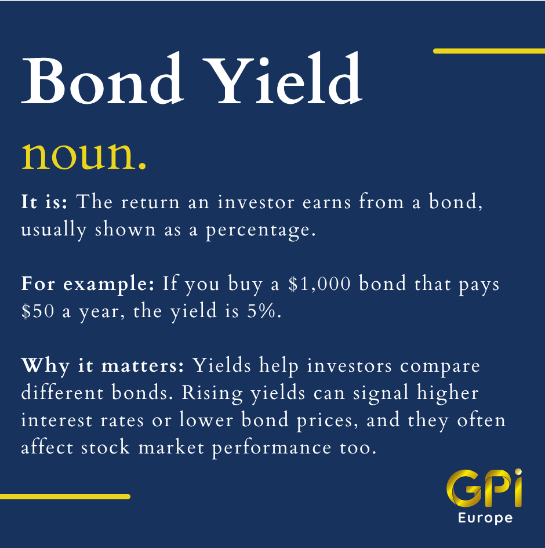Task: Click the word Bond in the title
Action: click(103, 78)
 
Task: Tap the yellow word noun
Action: click(84, 155)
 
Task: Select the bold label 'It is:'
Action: click(45, 202)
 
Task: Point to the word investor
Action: click(256, 202)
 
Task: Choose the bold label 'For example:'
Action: click(88, 284)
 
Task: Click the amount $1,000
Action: click(319, 284)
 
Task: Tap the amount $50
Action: click(38, 311)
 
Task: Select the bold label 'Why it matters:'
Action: click(103, 366)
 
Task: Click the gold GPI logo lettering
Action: click(484, 488)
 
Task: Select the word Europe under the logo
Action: click(485, 518)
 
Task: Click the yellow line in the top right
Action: click(489, 51)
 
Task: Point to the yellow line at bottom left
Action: click(65, 496)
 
